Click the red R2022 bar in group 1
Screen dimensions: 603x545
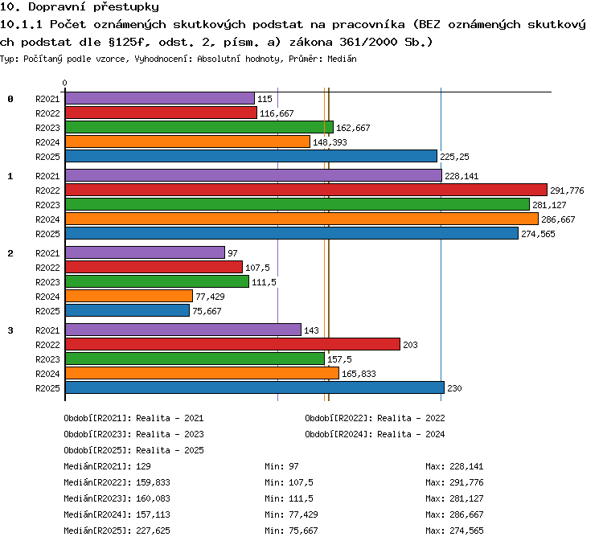306,190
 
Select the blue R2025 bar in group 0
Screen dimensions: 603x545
251,156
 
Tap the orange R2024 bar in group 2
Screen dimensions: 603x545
129,296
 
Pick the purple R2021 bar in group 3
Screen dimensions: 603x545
183,330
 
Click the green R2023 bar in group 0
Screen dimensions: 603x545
199,127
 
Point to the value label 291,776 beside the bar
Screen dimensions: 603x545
567,191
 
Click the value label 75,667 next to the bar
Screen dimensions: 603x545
207,311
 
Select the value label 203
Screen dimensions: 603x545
410,345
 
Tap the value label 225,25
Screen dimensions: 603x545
454,157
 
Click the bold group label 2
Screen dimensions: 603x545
10,253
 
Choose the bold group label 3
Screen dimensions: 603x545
10,330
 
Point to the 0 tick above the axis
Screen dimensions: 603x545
64,83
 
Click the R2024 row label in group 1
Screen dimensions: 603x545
47,219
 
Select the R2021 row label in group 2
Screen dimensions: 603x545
47,253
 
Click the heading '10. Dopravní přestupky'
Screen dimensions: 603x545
80,7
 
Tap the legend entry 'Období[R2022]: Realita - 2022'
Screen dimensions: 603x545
375,418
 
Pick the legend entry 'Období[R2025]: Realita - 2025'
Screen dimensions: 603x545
133,450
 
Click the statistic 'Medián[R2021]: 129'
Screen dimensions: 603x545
107,466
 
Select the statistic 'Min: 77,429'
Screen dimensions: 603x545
291,514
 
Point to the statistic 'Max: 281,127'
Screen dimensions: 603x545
454,498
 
